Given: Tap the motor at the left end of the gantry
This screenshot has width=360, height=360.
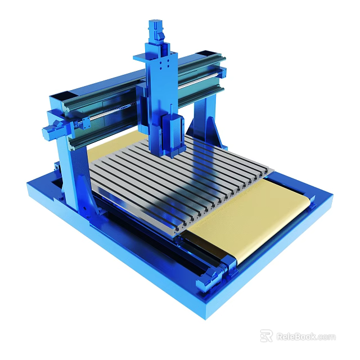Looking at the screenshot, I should coord(51,131).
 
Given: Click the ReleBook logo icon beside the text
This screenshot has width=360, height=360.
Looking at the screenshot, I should coord(266,336).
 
